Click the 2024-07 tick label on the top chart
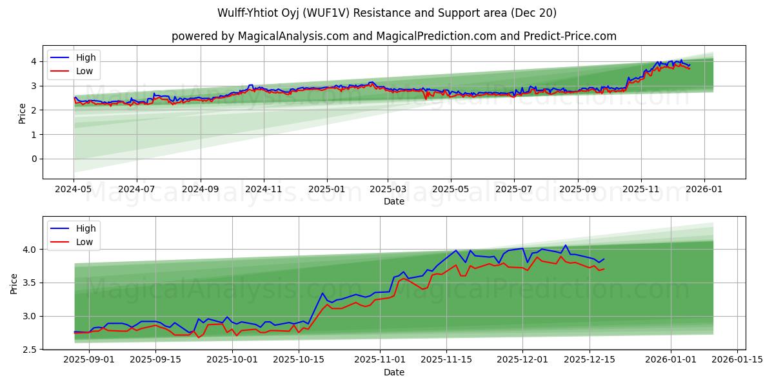[137, 190]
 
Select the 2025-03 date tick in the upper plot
[388, 190]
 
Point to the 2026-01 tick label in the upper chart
[704, 190]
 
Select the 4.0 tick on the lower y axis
[31, 249]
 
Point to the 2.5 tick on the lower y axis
[31, 350]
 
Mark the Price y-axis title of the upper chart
[23, 113]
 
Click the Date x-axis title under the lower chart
[394, 372]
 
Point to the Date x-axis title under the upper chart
[394, 201]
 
